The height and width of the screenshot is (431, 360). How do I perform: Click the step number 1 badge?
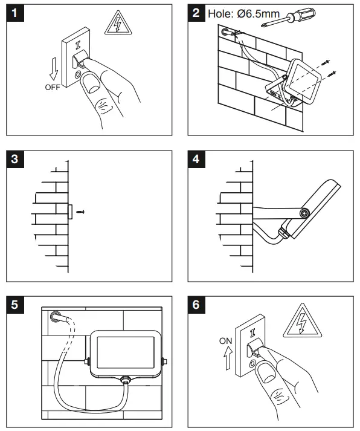tap(15, 13)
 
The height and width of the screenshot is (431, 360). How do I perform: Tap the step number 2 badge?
tap(196, 13)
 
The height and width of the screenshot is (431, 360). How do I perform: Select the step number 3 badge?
tap(15, 159)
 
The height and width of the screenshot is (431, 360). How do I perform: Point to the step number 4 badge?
tap(196, 159)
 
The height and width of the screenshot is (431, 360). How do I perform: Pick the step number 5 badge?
tap(15, 305)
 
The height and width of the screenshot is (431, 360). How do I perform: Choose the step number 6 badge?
tap(196, 305)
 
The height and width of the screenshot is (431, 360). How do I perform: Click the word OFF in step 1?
tap(53, 88)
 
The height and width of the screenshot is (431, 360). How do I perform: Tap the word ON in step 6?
tap(226, 341)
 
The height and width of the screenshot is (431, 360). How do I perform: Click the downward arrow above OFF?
tap(54, 69)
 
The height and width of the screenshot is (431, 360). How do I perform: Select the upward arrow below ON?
tap(228, 358)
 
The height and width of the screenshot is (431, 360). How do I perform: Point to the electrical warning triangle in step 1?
tap(118, 23)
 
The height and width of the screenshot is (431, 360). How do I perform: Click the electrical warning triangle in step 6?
tap(302, 321)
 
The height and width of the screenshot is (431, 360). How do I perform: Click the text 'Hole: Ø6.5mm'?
tap(243, 14)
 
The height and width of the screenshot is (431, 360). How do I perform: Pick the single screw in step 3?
tap(80, 212)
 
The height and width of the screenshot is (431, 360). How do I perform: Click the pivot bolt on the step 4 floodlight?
tap(304, 213)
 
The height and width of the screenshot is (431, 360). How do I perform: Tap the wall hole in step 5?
tap(56, 316)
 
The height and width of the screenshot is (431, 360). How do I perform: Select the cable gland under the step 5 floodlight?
tap(126, 380)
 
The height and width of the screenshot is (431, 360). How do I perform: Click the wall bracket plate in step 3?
tap(70, 212)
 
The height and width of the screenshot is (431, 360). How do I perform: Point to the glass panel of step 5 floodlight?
tap(126, 352)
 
